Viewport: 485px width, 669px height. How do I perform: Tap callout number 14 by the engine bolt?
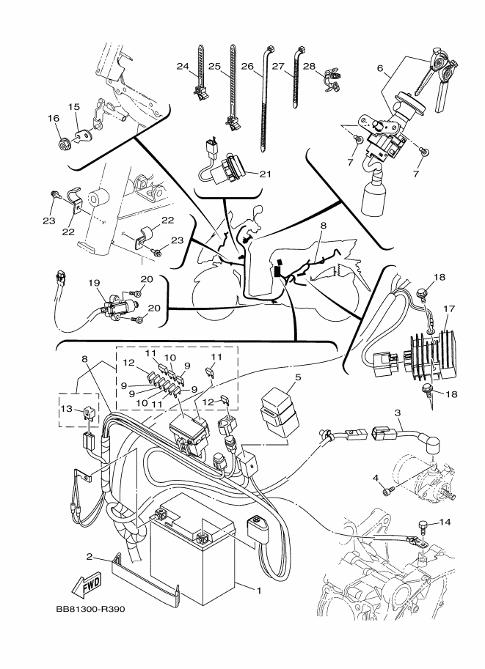[446, 522]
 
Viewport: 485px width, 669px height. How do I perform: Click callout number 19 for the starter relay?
[93, 283]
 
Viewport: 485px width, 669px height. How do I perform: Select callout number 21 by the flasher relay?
[265, 174]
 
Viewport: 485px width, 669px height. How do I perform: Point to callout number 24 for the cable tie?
[183, 67]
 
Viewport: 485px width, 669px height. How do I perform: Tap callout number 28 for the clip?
[309, 67]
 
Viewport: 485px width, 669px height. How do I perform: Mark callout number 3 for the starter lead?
[398, 413]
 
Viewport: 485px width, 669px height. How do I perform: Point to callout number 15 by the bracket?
[74, 107]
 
